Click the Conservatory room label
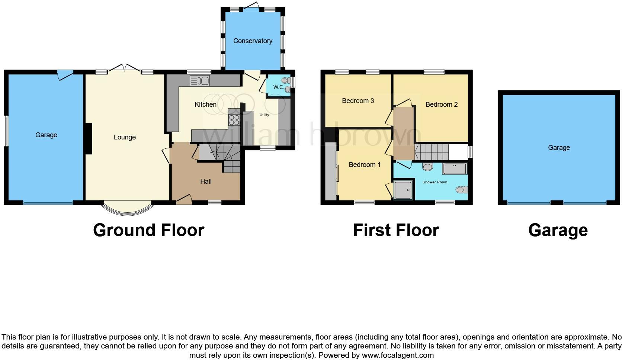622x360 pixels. pyautogui.click(x=253, y=41)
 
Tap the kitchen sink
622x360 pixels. pyautogui.click(x=200, y=80)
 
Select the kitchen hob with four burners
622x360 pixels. pyautogui.click(x=234, y=120)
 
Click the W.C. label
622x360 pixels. pyautogui.click(x=278, y=87)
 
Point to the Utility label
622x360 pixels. pyautogui.click(x=264, y=115)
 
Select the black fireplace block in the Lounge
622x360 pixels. pyautogui.click(x=88, y=138)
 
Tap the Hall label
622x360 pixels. pyautogui.click(x=206, y=181)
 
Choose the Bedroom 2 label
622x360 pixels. pyautogui.click(x=441, y=105)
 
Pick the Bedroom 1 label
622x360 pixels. pyautogui.click(x=364, y=165)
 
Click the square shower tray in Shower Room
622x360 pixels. pyautogui.click(x=403, y=190)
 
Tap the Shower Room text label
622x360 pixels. pyautogui.click(x=435, y=182)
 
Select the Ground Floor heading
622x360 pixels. pyautogui.click(x=148, y=230)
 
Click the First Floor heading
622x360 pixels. pyautogui.click(x=396, y=230)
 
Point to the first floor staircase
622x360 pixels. pyautogui.click(x=432, y=152)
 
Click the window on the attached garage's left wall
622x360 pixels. pyautogui.click(x=6, y=131)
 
